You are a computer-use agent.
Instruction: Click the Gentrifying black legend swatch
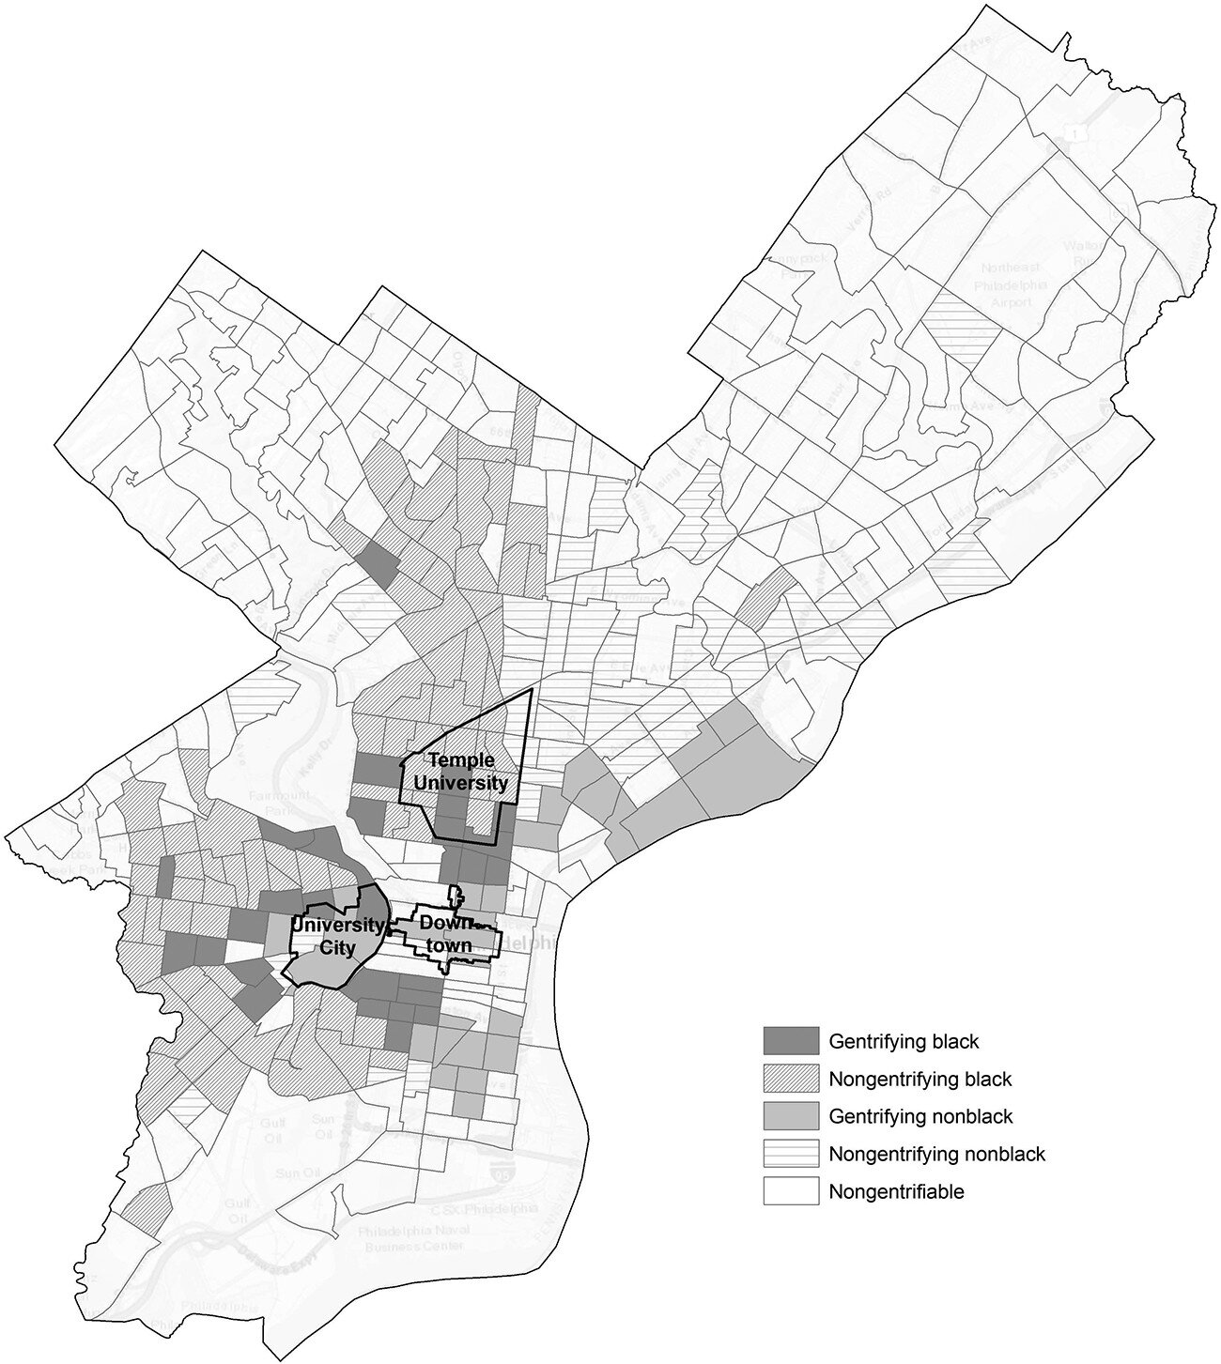coord(791,1040)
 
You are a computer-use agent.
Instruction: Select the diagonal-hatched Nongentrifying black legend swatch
coord(791,1079)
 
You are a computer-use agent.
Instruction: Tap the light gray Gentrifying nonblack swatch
coord(791,1116)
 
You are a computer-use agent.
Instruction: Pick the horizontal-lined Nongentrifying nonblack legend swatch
coord(791,1154)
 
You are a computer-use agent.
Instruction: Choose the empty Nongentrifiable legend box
coord(791,1192)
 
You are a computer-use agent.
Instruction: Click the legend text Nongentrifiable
coord(896,1192)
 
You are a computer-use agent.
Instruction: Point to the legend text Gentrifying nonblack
coord(920,1116)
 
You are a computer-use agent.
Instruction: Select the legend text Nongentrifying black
coord(920,1079)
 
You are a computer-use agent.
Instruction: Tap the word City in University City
coord(337,947)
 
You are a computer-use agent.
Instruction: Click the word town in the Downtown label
coord(447,945)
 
